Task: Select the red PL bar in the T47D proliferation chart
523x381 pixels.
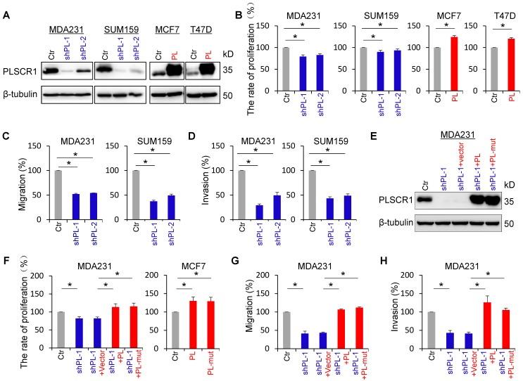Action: coord(502,59)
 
